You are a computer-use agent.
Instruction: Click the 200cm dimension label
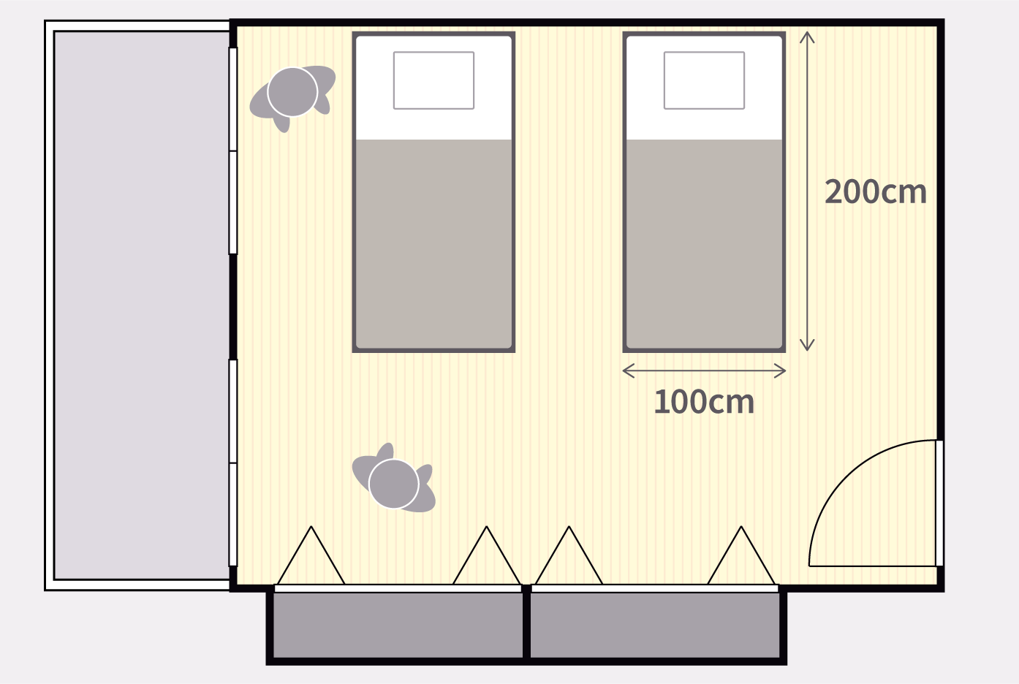(876, 191)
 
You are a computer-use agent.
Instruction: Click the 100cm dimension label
(704, 402)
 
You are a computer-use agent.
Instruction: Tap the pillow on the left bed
(433, 80)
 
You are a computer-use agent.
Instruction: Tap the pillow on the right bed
(704, 80)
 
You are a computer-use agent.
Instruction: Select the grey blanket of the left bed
(433, 244)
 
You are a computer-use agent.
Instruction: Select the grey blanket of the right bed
(704, 244)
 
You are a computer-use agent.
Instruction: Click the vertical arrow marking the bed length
(807, 191)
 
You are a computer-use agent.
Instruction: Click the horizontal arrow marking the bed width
(704, 371)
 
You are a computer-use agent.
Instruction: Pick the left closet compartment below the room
(398, 626)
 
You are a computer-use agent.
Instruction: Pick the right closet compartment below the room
(655, 626)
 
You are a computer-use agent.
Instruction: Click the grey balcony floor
(142, 305)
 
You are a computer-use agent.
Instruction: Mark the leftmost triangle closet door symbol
(311, 555)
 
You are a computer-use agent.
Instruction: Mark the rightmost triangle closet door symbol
(741, 555)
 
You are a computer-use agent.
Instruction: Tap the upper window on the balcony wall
(233, 151)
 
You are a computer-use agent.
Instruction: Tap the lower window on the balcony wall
(233, 463)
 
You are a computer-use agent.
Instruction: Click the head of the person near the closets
(394, 484)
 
